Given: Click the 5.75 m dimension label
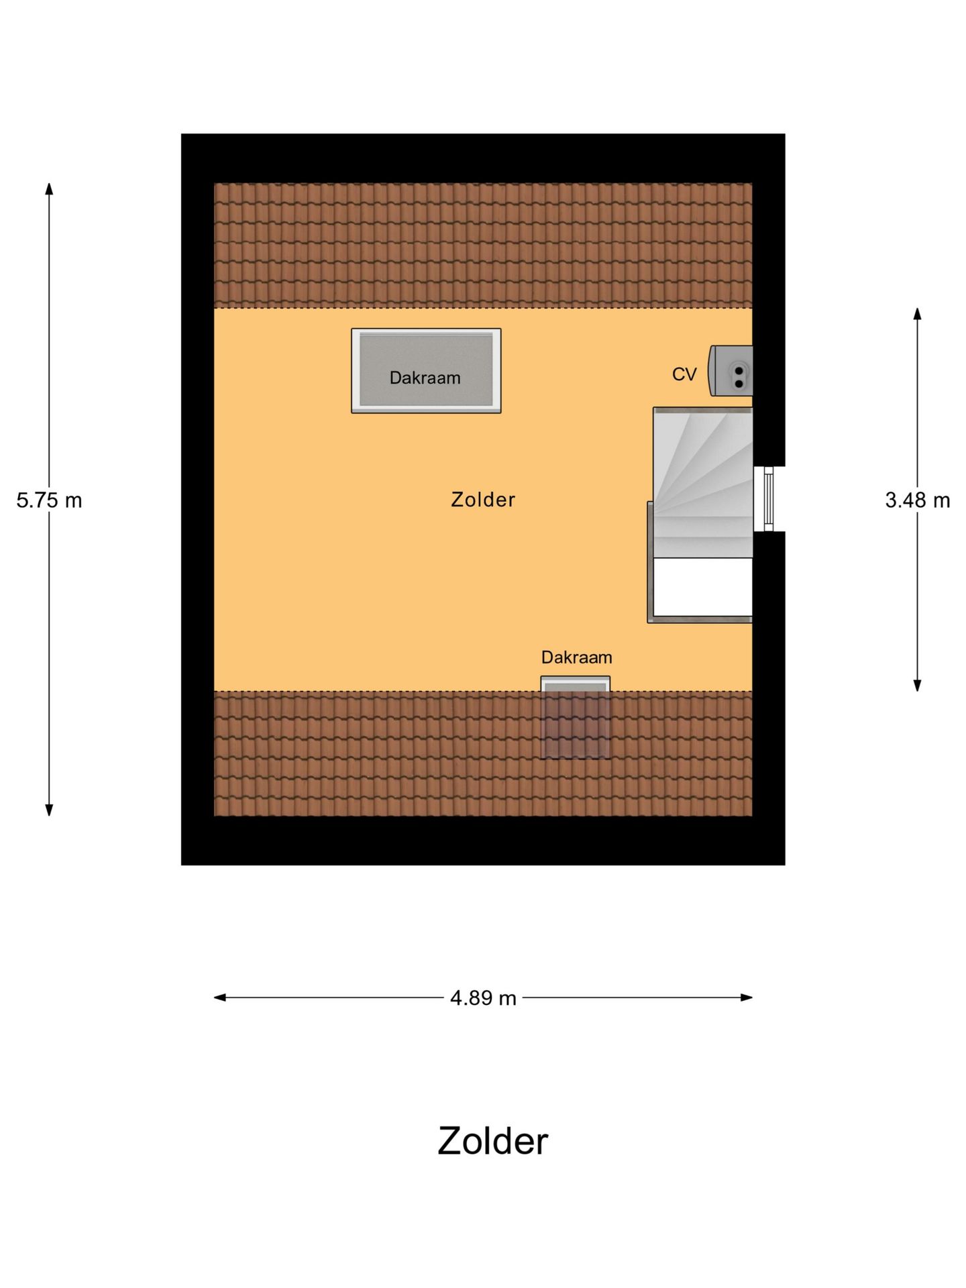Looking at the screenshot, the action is pos(49,500).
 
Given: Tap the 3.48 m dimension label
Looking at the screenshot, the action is pos(917,500).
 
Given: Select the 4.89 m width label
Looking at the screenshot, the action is pos(483,998).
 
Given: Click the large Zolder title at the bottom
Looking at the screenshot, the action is pos(493,1141).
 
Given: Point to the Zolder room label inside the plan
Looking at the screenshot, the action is pos(483,500).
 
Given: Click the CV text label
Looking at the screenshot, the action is pos(684,374).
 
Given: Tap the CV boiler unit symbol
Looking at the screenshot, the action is pos(731,371).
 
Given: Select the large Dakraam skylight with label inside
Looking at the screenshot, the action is pos(426,370).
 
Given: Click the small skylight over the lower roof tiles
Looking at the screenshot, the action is pos(576,717).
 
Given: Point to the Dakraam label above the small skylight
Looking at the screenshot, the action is pos(577,657).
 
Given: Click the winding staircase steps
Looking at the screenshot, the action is pos(703,482).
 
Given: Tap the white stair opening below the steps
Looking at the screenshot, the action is pos(702,587).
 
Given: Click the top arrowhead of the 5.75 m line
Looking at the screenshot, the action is pos(49,189).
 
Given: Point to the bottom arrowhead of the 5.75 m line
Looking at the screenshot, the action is pos(49,810).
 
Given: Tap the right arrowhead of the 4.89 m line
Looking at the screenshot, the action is pos(746,998).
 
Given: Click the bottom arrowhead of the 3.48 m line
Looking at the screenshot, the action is pos(917,685).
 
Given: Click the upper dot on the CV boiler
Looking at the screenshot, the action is pos(739,370).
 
